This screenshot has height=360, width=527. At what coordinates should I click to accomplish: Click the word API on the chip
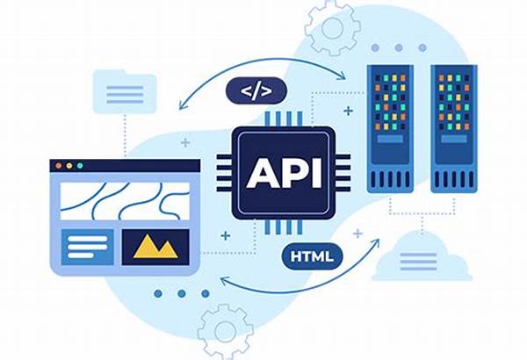[x=284, y=174]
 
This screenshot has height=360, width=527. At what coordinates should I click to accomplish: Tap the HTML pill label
[x=312, y=256]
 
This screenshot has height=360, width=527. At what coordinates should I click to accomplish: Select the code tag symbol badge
[x=256, y=90]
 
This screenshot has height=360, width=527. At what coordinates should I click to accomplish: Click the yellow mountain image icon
[x=155, y=247]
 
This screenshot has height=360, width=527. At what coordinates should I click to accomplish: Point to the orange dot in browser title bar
[x=59, y=166]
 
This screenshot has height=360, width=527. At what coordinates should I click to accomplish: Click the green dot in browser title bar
[x=80, y=166]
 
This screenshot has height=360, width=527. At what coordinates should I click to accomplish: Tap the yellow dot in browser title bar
[x=69, y=166]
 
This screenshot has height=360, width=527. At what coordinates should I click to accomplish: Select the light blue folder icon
[x=125, y=91]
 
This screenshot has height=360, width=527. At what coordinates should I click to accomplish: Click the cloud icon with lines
[x=422, y=256]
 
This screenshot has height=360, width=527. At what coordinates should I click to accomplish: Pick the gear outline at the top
[x=332, y=28]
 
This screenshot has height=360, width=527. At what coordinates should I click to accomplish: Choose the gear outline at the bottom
[x=225, y=331]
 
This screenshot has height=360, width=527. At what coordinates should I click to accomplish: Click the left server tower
[x=390, y=129]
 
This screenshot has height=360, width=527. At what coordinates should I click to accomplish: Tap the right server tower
[x=454, y=129]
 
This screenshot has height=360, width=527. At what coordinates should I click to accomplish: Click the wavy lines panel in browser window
[x=125, y=201]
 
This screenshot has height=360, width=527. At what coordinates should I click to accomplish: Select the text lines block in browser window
[x=87, y=247]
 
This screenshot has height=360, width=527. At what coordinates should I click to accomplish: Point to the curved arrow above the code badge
[x=263, y=60]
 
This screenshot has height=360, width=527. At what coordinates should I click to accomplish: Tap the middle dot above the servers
[x=399, y=47]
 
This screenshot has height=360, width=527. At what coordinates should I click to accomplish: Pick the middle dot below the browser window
[x=182, y=294]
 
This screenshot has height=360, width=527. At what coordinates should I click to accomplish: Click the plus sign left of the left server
[x=349, y=111]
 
